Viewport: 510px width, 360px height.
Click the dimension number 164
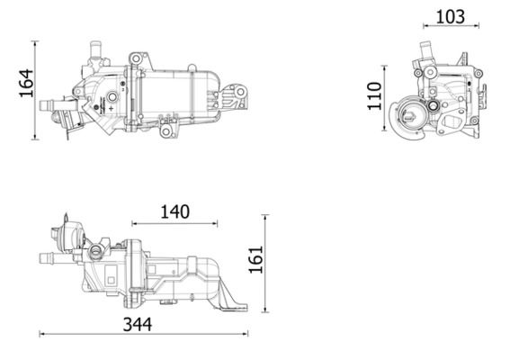coord(23,87)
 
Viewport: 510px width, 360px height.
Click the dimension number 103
coord(450,15)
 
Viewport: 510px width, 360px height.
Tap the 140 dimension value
coord(174,212)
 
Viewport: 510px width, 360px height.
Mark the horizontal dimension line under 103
coord(449,30)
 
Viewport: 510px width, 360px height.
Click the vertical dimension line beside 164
coord(35,89)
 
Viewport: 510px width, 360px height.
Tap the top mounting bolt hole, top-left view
coord(135,59)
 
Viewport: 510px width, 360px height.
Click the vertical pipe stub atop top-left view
coord(93,47)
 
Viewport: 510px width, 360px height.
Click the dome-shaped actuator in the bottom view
coord(64,237)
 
